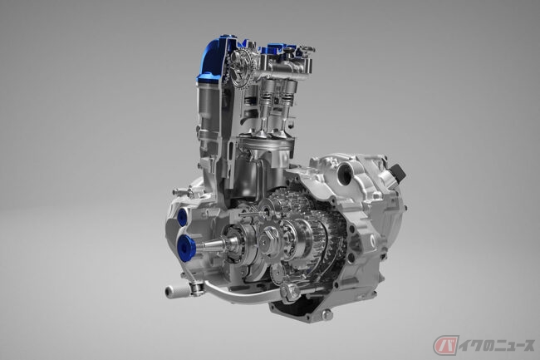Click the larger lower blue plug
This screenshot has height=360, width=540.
point(185,245)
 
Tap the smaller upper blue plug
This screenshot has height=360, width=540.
point(182,217)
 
